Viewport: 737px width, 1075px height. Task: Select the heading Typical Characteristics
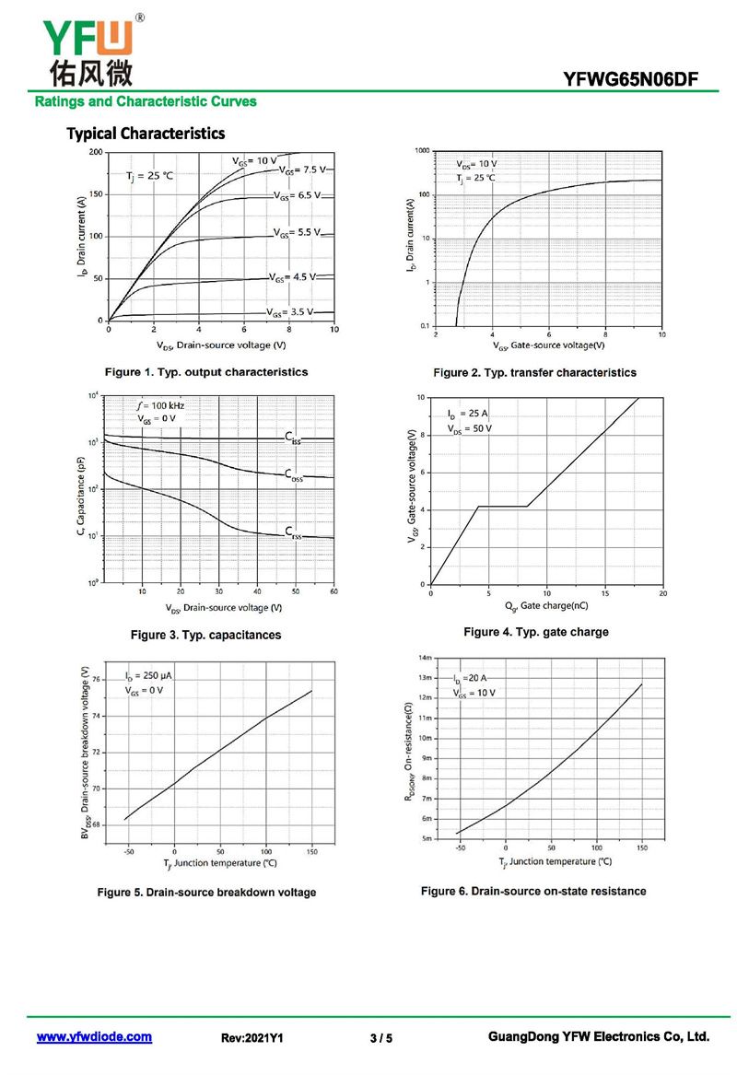coord(146,134)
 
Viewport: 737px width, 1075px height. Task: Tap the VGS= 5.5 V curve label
coord(297,232)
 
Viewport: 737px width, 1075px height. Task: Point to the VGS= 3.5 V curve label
coord(290,312)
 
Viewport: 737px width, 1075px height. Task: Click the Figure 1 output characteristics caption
coord(206,372)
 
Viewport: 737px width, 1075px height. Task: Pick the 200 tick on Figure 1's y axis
coord(96,151)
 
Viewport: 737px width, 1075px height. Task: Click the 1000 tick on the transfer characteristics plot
coord(422,150)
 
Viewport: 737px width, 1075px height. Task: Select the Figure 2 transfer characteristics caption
coord(534,373)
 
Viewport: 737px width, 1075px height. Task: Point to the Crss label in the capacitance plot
coord(292,532)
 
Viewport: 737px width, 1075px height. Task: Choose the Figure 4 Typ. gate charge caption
coord(535,632)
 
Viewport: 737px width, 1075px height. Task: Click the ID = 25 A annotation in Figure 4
coord(468,415)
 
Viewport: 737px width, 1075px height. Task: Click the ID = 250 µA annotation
coord(148,676)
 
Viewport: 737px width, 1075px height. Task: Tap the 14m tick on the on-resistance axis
coord(424,658)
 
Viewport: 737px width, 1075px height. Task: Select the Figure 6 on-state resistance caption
coord(533,891)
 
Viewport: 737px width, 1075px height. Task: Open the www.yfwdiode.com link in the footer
coord(94,1037)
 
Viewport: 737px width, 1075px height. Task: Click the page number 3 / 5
coord(380,1038)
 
